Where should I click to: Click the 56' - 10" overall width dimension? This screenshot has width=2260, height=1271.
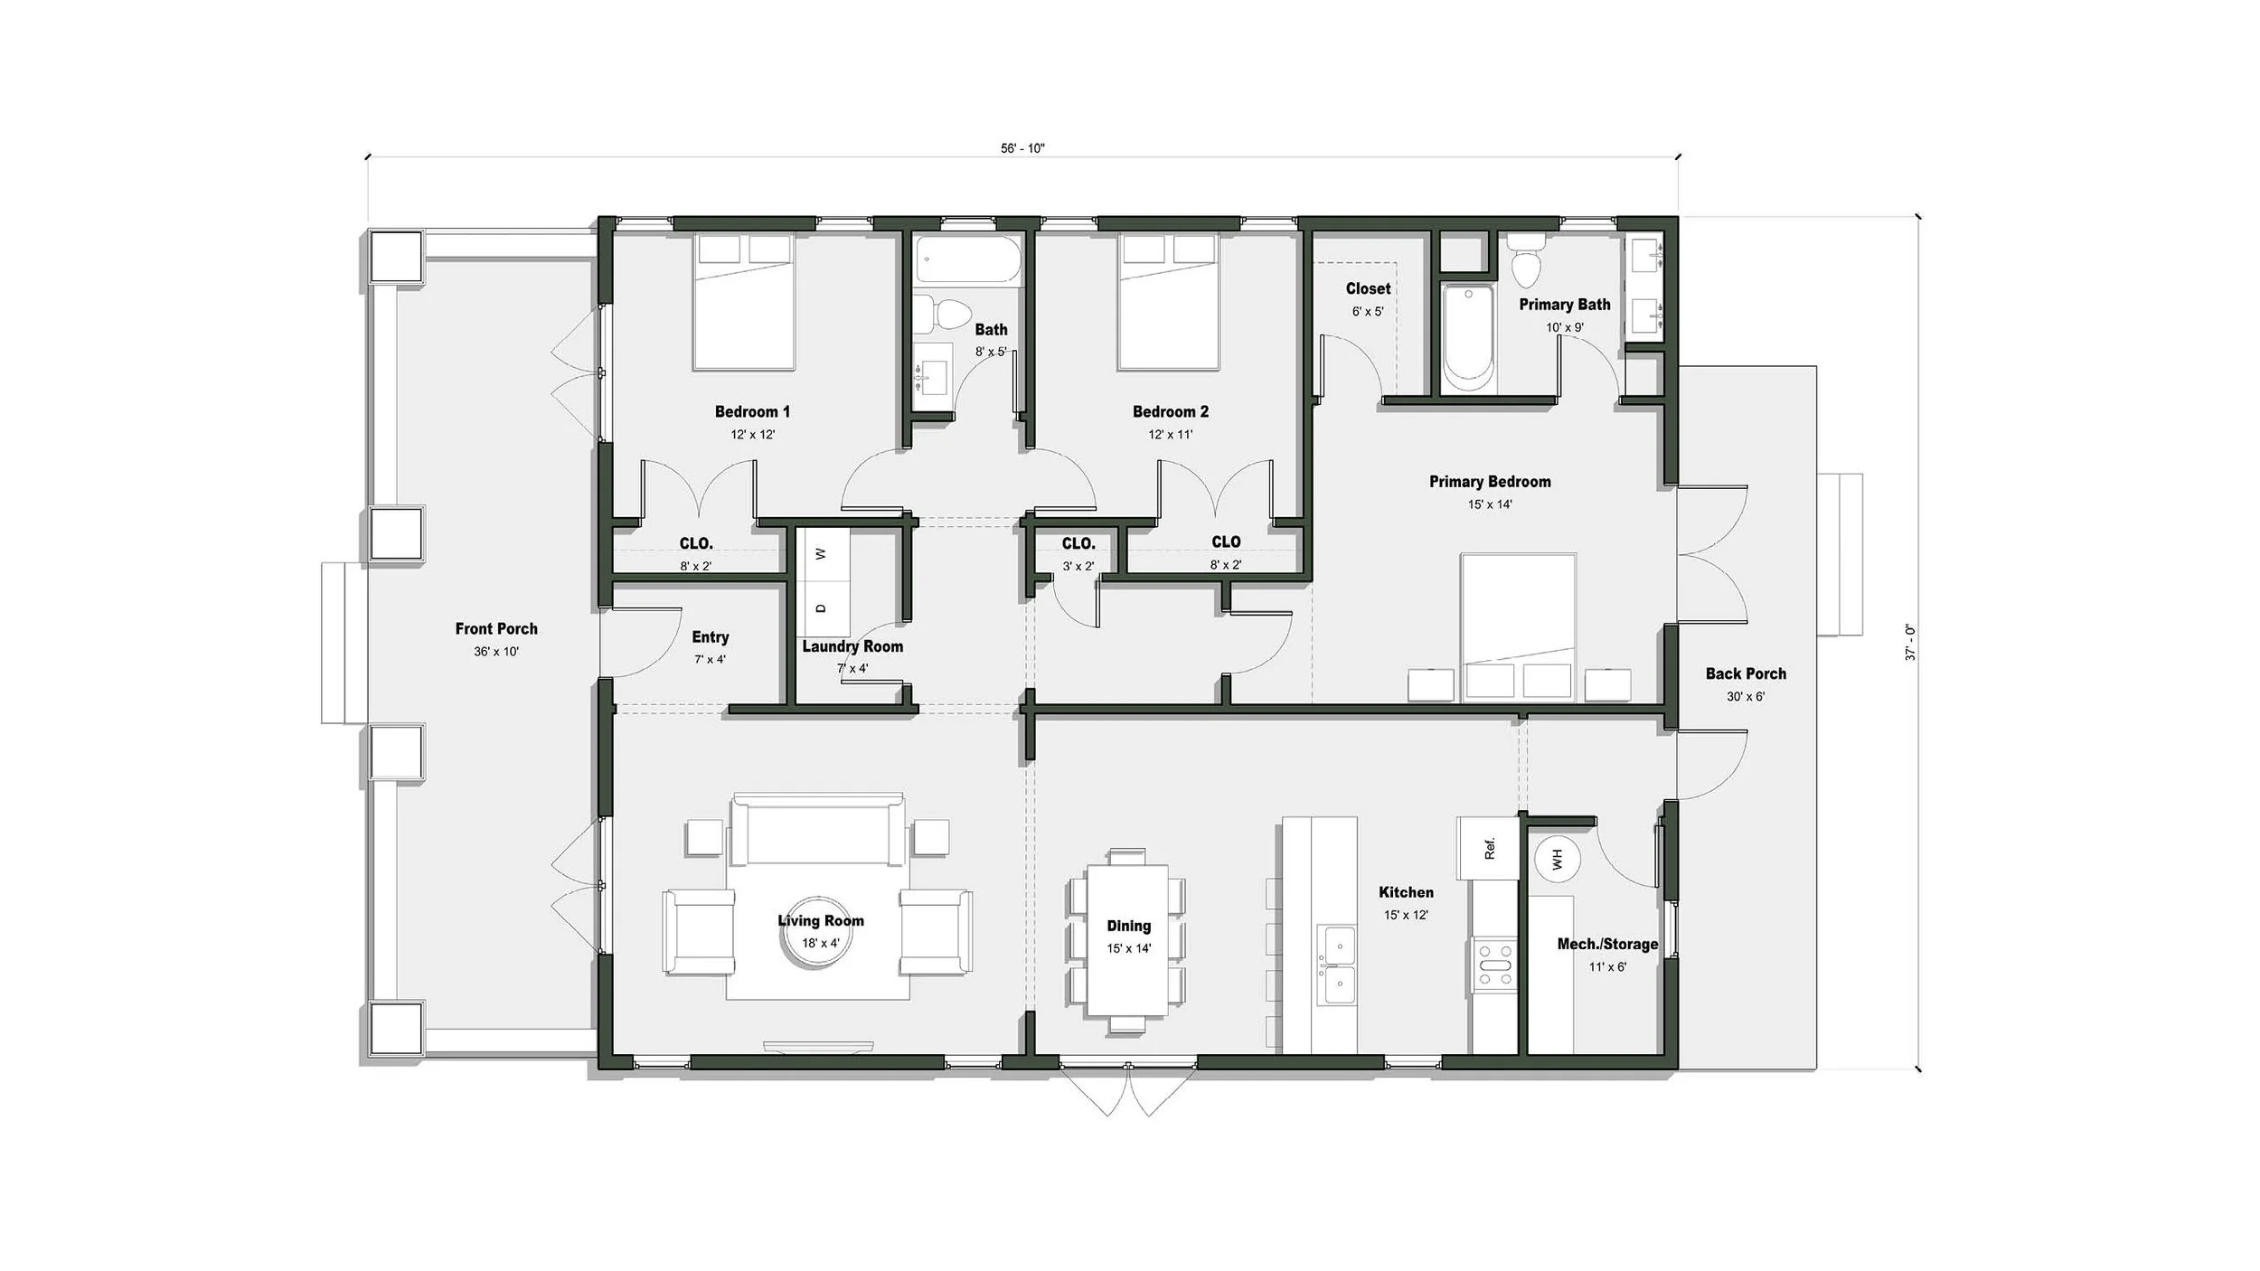(1022, 148)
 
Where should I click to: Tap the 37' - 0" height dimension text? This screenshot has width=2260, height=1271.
(1910, 642)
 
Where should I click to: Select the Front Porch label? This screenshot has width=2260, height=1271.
(496, 628)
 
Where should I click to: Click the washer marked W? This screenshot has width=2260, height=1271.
(821, 553)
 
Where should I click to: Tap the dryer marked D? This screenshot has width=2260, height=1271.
(821, 608)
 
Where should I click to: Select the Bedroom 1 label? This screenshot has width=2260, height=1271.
(752, 411)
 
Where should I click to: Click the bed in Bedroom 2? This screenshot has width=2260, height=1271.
(1169, 302)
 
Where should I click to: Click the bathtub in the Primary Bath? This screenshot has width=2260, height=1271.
(1467, 340)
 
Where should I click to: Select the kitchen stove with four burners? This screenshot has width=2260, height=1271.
(1493, 965)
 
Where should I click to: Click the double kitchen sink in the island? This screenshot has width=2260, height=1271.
(1336, 965)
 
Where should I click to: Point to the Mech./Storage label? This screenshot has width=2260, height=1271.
(1607, 944)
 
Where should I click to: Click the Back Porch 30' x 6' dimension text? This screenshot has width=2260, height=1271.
(1746, 697)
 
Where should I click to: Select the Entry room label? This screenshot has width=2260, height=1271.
(711, 637)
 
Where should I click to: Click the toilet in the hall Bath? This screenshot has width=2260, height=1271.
(946, 314)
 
